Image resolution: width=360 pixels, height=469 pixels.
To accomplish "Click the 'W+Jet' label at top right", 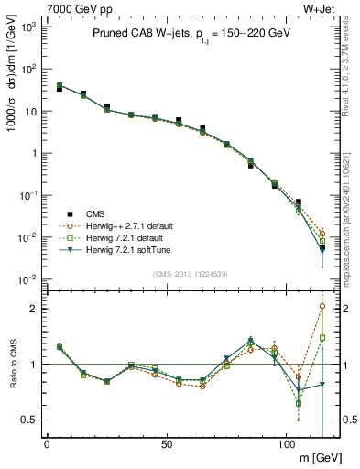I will click(323, 7).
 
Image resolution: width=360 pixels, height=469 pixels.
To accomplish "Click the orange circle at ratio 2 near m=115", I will click(322, 307).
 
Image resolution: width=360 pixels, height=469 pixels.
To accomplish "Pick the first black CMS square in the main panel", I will click(60, 89).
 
